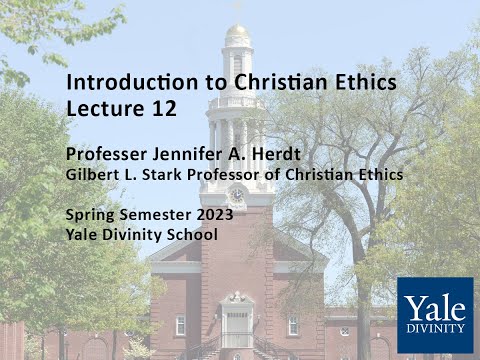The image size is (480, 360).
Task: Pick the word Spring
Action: tap(89, 215)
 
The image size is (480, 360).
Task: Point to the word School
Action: tap(192, 235)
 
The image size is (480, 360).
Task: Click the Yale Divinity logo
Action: tap(434, 315)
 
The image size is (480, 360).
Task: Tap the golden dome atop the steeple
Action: tap(237, 32)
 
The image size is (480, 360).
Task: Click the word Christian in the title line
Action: tap(273, 82)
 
